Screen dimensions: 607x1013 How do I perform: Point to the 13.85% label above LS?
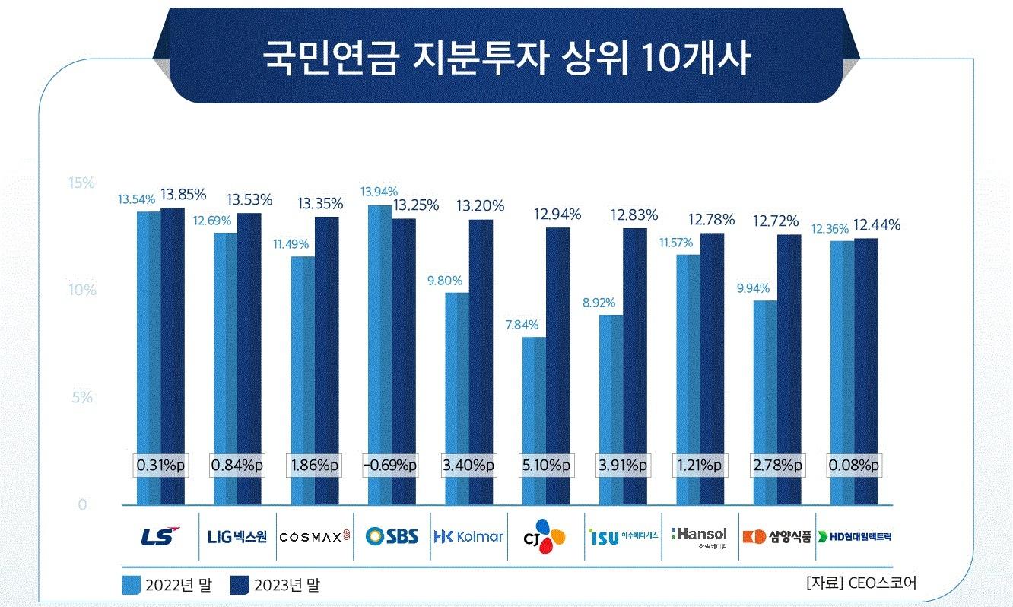point(172,194)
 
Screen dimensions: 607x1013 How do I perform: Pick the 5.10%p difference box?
point(545,465)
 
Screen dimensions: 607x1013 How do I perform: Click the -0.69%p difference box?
point(392,465)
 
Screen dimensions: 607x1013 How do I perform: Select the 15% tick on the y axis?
point(81,183)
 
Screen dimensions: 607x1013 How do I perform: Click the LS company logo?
point(160,536)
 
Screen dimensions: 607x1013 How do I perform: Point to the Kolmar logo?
point(468,536)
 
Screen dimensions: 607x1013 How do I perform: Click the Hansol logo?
point(700,536)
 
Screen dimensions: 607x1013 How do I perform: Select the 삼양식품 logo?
point(776,536)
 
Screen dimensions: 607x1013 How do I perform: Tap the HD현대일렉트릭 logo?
point(854,536)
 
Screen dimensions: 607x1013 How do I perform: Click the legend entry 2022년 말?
point(166,585)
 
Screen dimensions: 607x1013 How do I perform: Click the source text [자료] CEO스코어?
point(861,583)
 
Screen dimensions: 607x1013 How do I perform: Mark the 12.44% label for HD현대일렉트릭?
point(877,224)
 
